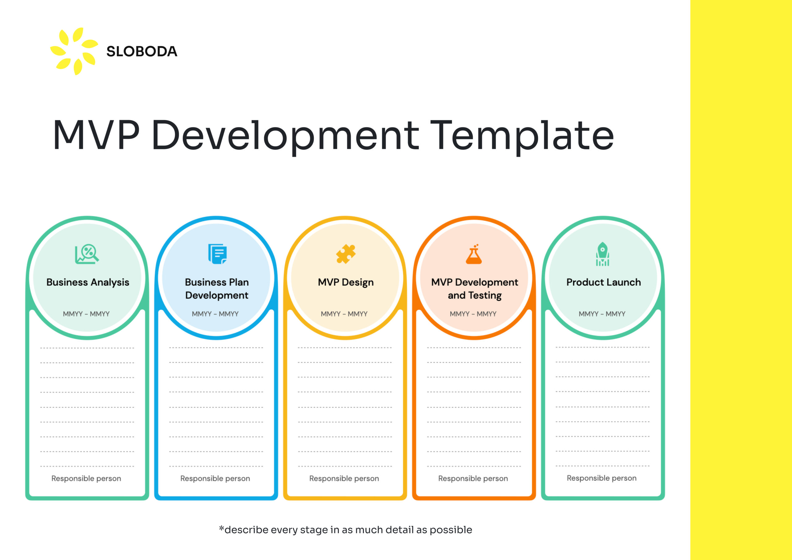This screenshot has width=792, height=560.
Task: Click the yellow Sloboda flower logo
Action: (x=74, y=51)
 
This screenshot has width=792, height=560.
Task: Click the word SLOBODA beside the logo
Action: (x=142, y=51)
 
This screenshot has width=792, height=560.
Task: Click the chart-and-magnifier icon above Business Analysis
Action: (x=87, y=254)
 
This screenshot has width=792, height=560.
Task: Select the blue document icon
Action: (x=217, y=254)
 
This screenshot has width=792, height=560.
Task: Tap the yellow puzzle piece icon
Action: (x=346, y=254)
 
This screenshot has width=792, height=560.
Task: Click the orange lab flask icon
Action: (x=474, y=254)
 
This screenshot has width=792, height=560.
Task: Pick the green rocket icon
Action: (x=603, y=254)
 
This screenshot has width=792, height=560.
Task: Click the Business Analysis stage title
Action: (x=88, y=282)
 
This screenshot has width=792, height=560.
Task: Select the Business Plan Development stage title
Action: (x=217, y=289)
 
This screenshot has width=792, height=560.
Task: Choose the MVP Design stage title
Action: (x=346, y=282)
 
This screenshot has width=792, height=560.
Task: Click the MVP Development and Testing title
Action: (x=475, y=289)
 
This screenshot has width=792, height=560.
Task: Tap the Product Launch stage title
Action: (x=604, y=282)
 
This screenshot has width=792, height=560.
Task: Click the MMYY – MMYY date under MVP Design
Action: (x=344, y=314)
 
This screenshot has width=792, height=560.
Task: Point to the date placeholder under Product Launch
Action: (x=602, y=314)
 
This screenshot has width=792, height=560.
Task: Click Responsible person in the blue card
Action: (x=215, y=479)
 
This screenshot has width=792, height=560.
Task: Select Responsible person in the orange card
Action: (x=473, y=479)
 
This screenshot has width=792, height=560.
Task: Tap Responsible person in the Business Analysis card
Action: (x=86, y=479)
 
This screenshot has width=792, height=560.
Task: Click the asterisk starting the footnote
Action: (x=222, y=528)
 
